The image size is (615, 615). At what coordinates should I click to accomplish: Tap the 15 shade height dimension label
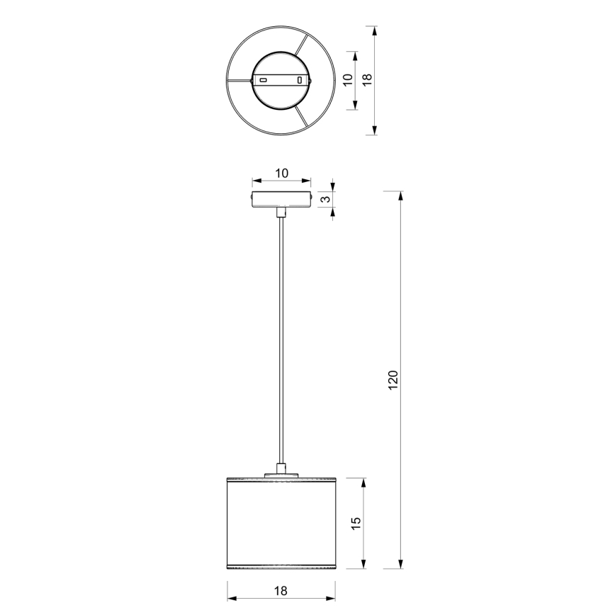(x=356, y=523)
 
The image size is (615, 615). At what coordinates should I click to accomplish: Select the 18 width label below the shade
(x=281, y=590)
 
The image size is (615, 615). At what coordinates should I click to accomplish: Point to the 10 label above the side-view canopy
(x=281, y=173)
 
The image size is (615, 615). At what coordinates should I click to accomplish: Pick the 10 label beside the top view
(x=347, y=79)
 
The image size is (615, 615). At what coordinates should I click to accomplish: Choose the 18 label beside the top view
(x=366, y=79)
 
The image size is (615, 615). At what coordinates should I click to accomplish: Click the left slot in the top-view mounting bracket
(x=264, y=80)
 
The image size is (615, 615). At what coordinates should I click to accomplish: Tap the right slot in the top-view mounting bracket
(x=300, y=80)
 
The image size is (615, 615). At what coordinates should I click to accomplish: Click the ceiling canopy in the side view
(x=281, y=199)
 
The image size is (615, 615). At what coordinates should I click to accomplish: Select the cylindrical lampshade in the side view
(x=281, y=524)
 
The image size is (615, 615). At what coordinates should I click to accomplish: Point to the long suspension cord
(x=281, y=340)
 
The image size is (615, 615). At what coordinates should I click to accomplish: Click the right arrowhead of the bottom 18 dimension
(x=332, y=600)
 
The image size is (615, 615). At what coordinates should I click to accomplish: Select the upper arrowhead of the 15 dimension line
(x=364, y=482)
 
